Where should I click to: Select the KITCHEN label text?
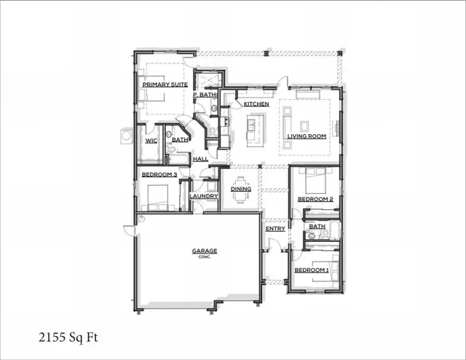point(256,104)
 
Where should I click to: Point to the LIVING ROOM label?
point(306,136)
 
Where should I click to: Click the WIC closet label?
point(151,141)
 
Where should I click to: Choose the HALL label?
point(201,158)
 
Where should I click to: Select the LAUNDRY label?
point(204,196)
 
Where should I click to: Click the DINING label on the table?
point(241,189)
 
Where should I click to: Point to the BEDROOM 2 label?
point(315,199)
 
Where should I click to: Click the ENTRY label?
point(275,229)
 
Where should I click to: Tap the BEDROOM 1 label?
point(312,270)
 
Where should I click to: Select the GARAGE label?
point(205,251)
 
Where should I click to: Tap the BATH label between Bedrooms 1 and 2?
point(317,227)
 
